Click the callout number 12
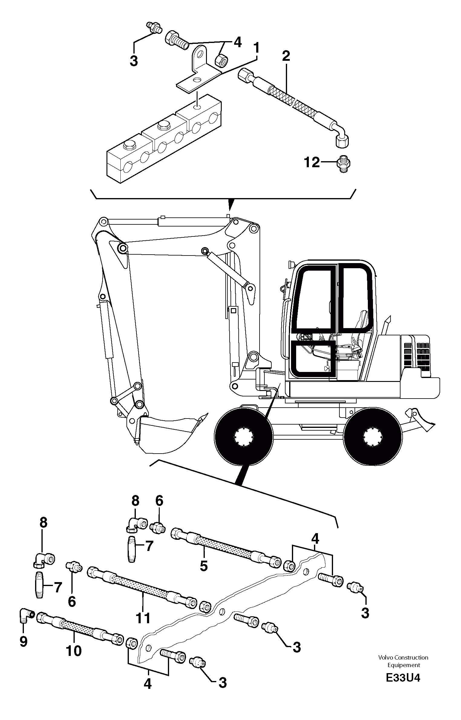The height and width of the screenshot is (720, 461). (x=312, y=163)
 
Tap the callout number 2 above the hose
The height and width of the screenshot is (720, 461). (x=286, y=56)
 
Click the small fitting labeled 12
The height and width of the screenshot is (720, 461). (x=343, y=164)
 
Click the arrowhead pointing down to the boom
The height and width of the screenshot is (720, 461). (x=230, y=205)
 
